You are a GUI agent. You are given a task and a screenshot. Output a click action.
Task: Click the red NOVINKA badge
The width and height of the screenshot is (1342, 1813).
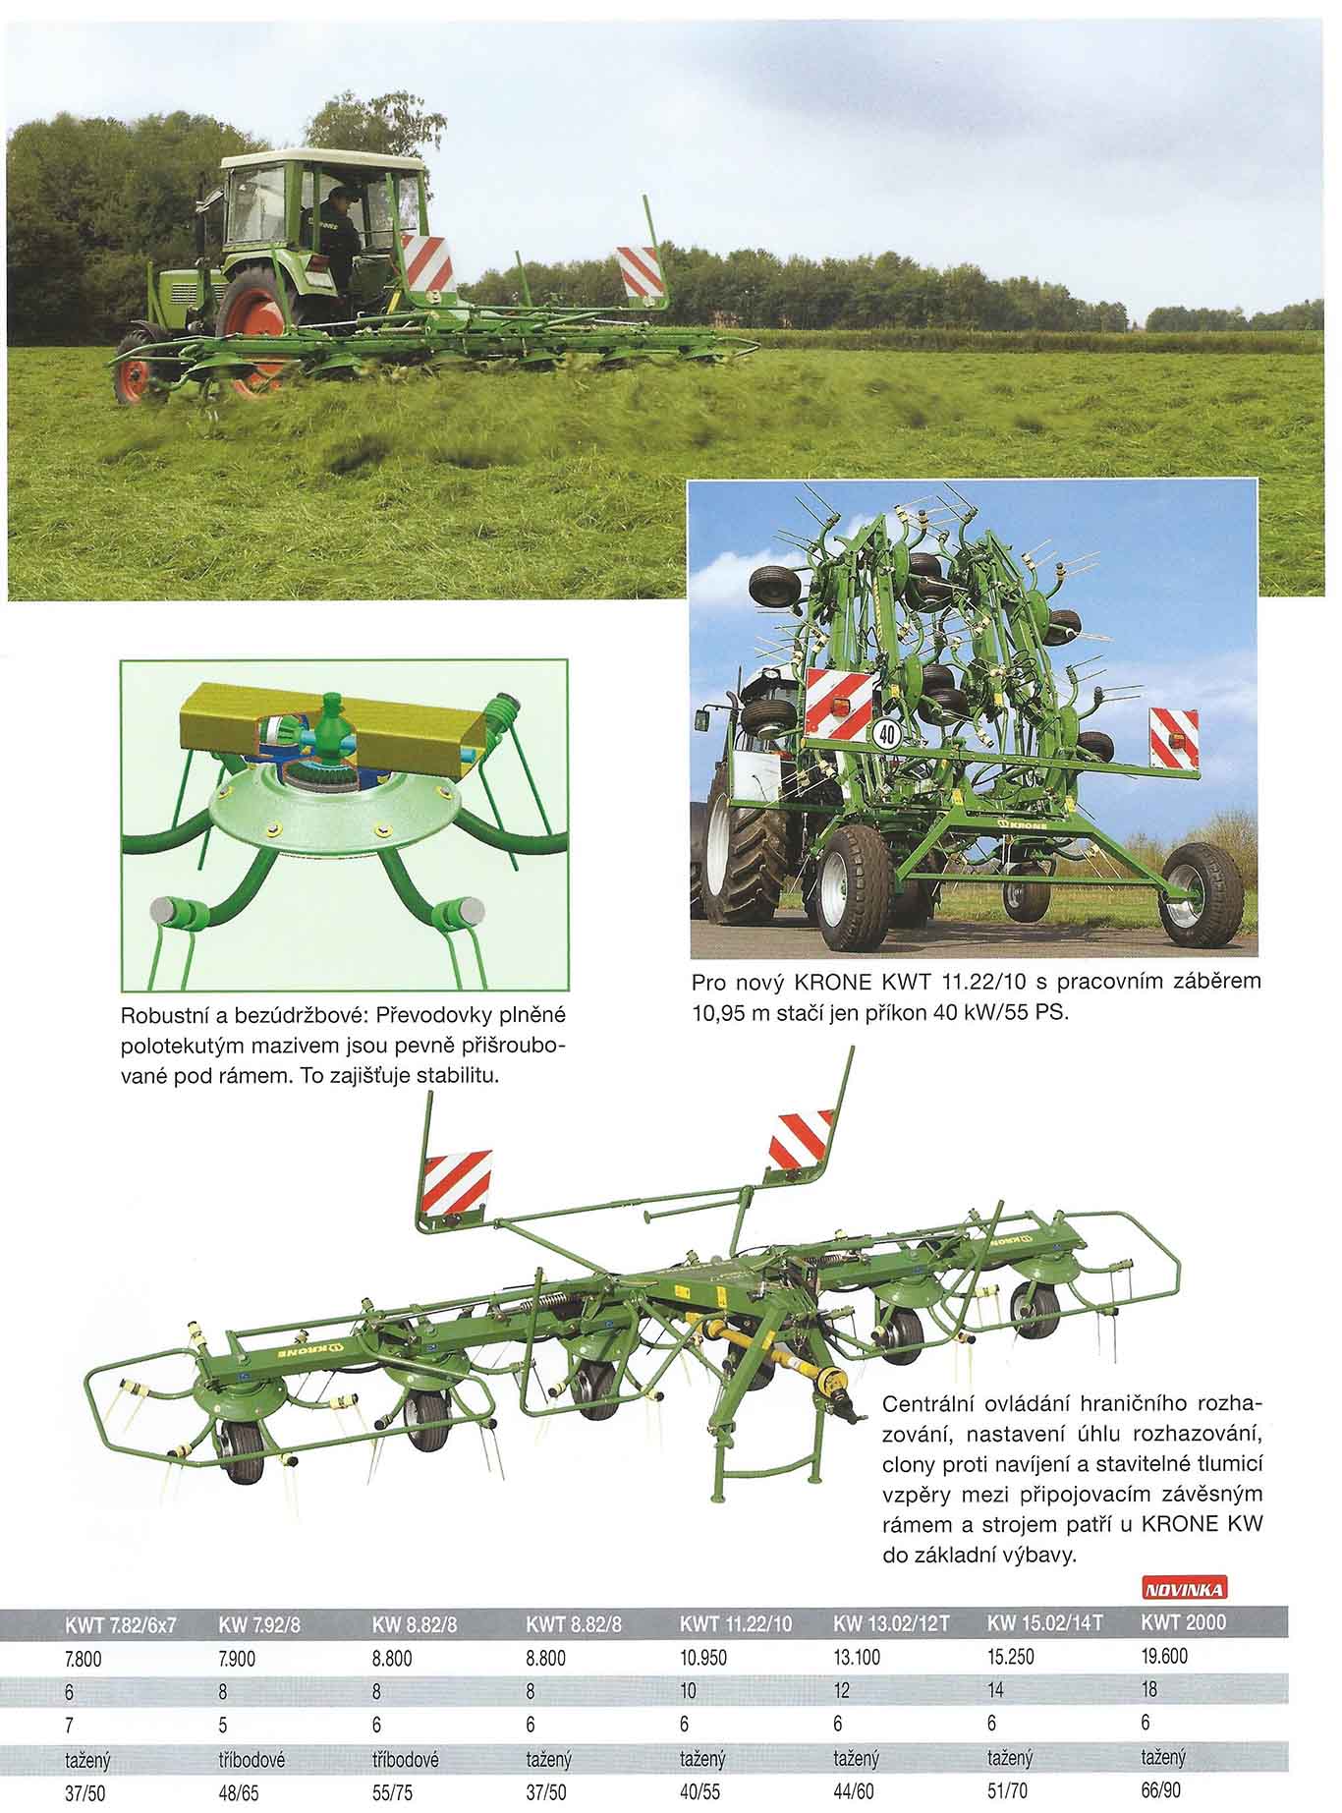pos(1186,1590)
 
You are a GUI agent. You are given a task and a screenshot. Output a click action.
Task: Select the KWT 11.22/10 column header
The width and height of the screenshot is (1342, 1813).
pos(735,1623)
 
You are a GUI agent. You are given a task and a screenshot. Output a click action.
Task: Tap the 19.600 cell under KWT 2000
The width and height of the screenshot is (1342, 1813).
pos(1164,1657)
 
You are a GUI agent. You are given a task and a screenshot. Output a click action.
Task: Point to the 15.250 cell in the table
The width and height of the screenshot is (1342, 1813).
pos(1010,1658)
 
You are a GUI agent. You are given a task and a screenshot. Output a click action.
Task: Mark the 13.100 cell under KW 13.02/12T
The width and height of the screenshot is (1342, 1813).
pos(857,1658)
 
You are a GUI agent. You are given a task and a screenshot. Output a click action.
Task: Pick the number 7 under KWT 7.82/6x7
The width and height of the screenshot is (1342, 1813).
pos(70,1724)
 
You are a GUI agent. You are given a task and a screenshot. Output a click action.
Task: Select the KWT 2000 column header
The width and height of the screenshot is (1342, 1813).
pos(1183,1622)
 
